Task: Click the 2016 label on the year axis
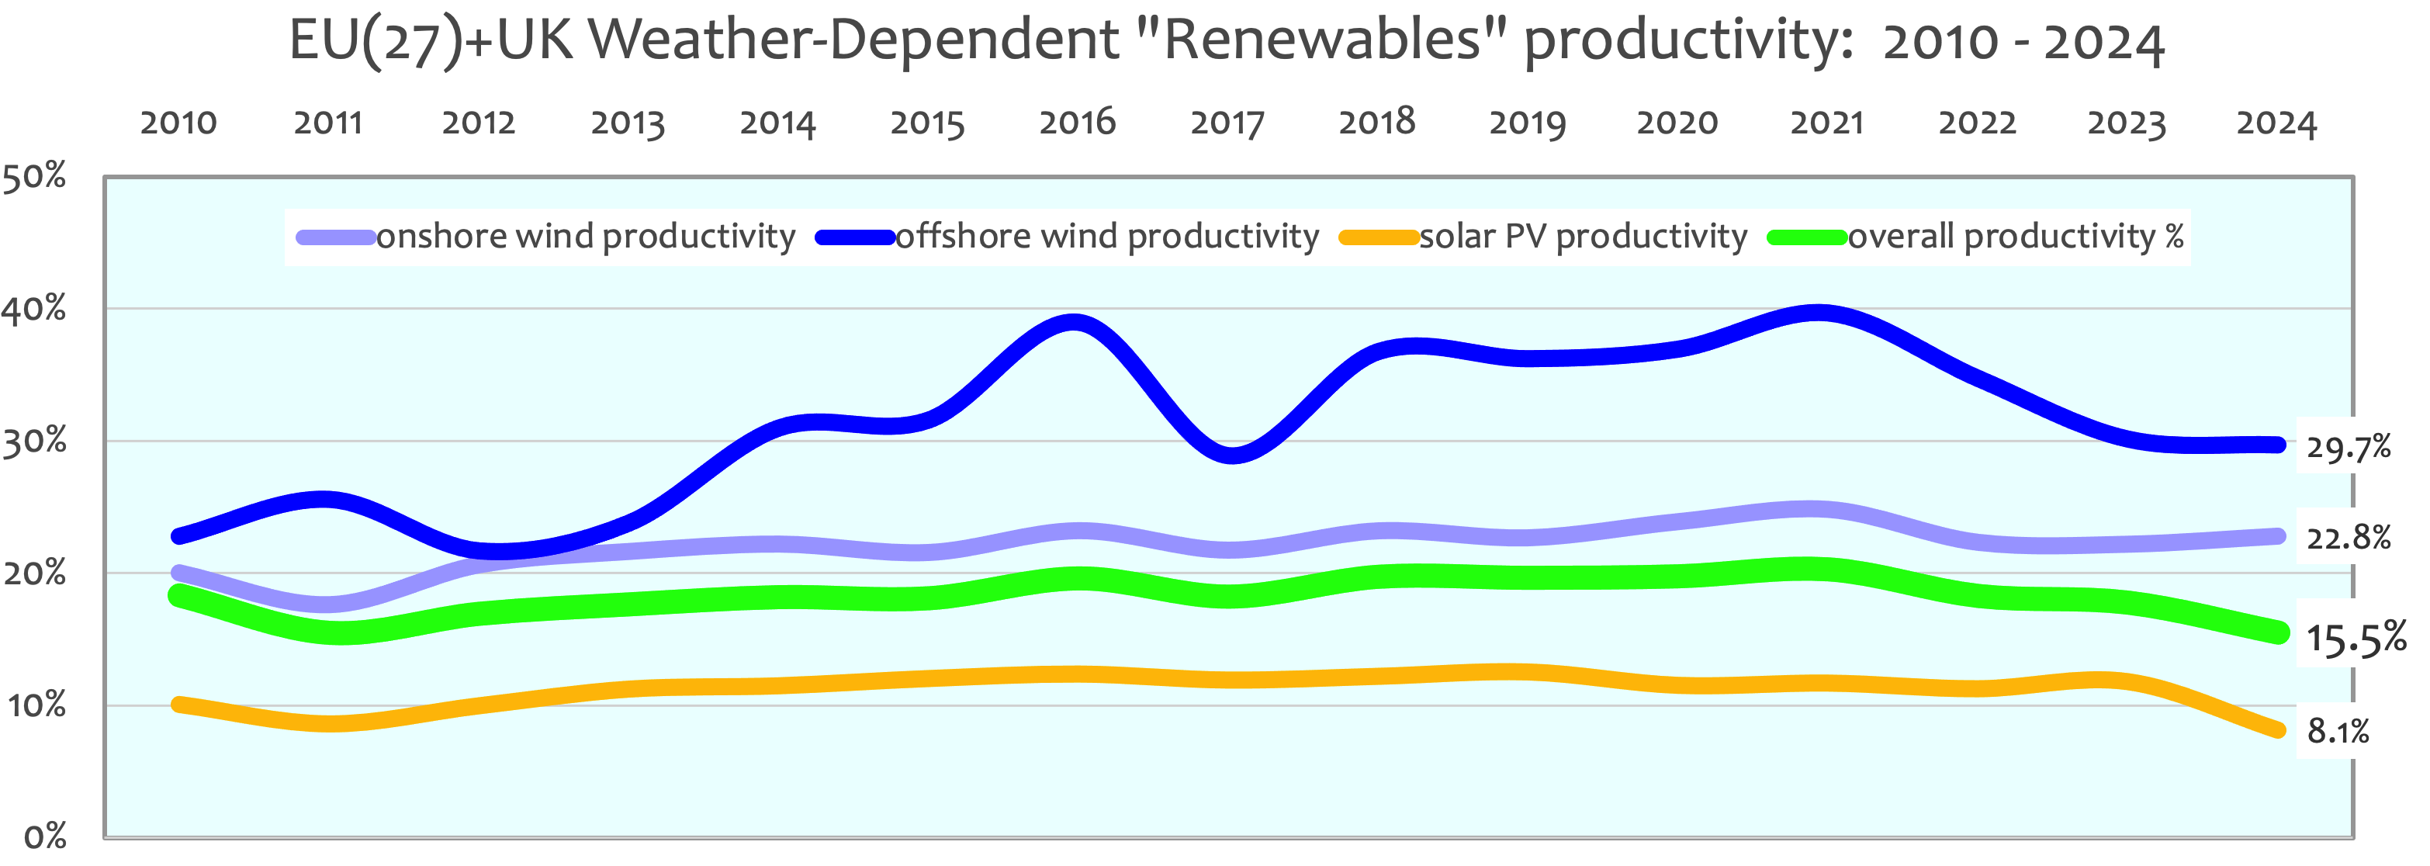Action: tap(1077, 122)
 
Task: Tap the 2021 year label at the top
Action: tap(1827, 123)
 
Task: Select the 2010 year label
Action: tap(178, 123)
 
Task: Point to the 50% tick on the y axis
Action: tap(35, 175)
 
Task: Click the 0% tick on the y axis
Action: tap(44, 836)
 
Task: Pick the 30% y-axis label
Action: tap(35, 441)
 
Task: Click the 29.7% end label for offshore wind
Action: tap(2348, 446)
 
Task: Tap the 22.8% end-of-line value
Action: tap(2348, 538)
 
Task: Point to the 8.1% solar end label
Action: tap(2338, 730)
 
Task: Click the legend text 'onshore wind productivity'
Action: tap(586, 236)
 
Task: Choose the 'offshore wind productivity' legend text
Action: tap(1106, 236)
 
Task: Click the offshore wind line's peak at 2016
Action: tap(1075, 323)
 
